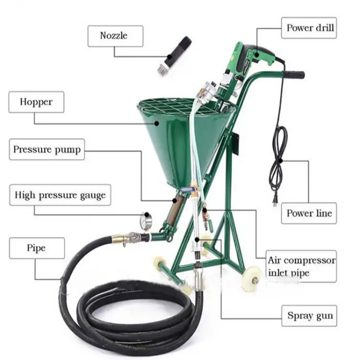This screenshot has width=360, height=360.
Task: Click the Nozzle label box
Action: tap(116, 36)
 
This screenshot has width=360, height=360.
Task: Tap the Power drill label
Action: tap(309, 28)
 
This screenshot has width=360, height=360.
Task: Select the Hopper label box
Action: tap(37, 102)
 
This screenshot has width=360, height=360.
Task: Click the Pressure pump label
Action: tap(47, 149)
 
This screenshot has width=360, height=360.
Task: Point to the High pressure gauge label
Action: tap(60, 195)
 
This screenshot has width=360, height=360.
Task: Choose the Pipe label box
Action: tap(37, 248)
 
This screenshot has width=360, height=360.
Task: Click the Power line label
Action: tap(309, 213)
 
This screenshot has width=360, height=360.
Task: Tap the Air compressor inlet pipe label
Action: tap(301, 266)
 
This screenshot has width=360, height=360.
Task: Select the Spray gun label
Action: tap(309, 316)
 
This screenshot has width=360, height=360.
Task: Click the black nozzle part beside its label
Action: tap(175, 55)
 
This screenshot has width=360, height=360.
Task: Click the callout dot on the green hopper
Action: tap(157, 123)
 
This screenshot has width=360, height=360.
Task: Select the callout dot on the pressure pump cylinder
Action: tap(174, 201)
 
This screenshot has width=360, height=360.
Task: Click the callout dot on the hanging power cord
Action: tap(280, 160)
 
